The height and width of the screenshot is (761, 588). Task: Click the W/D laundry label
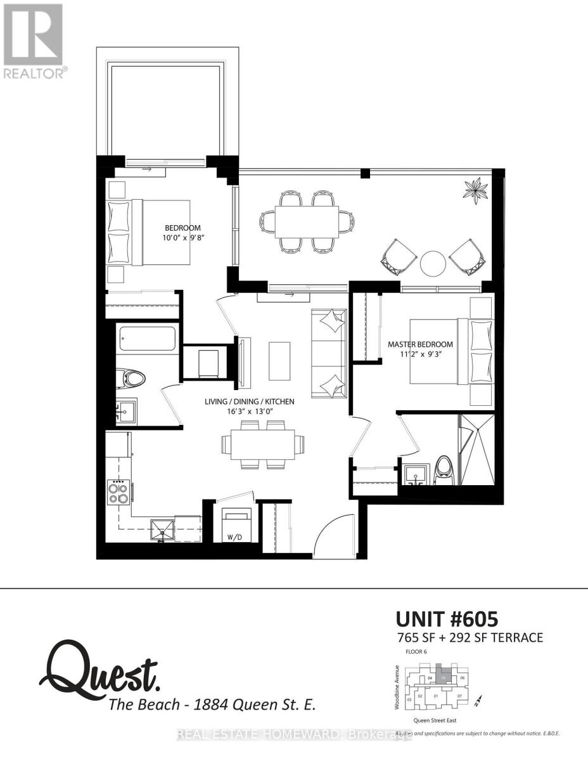point(235,538)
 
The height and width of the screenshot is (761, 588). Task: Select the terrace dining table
point(307,222)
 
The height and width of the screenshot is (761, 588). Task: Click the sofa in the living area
point(329,353)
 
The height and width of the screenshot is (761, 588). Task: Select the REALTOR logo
point(33,41)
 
